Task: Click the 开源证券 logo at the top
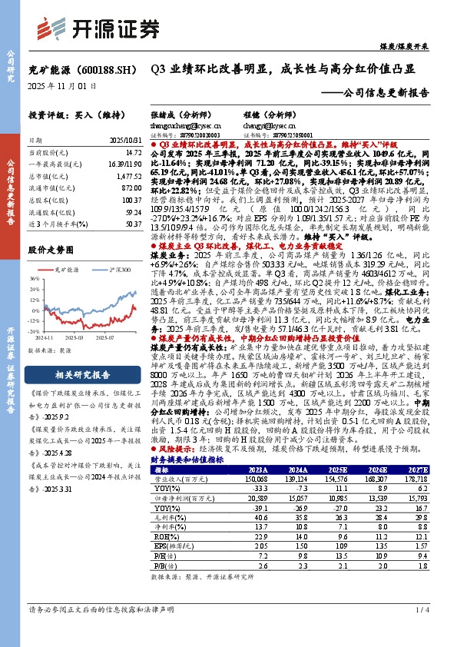tap(95, 27)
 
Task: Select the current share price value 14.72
tap(132, 153)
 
